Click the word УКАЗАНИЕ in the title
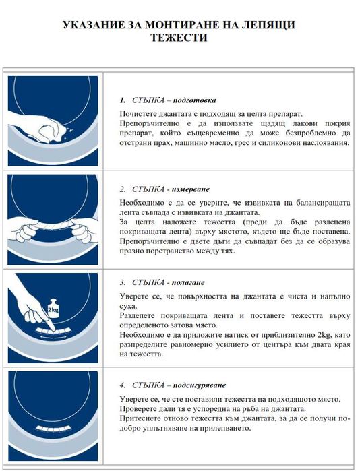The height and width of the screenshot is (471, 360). [94, 26]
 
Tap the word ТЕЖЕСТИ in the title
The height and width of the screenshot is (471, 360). [179, 38]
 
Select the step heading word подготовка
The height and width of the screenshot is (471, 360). [193, 100]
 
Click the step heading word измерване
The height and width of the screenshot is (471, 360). [193, 189]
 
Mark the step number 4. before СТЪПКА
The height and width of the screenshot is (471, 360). [122, 385]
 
